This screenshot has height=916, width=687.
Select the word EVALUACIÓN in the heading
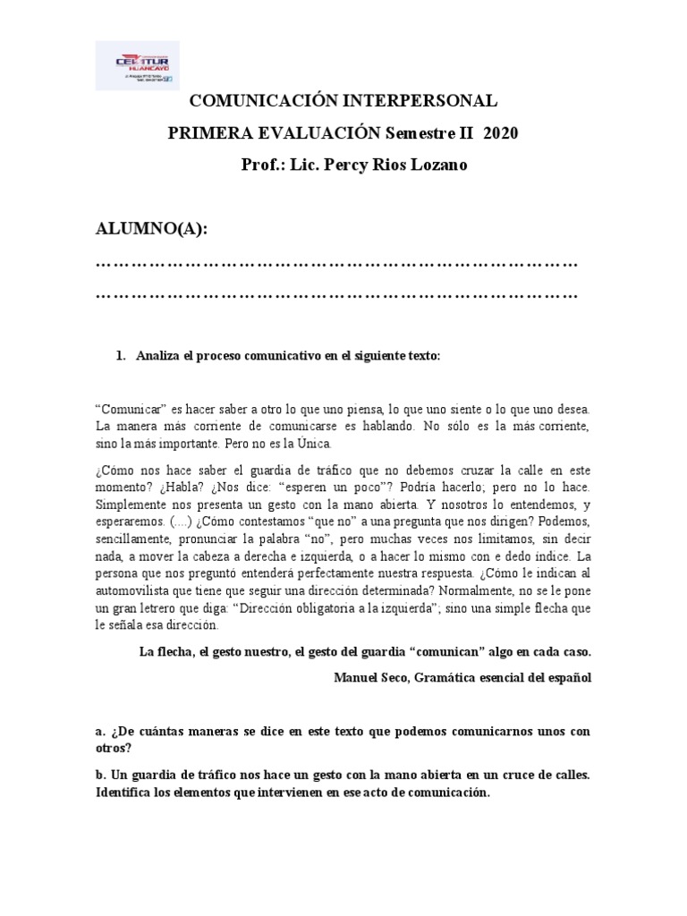tap(307, 133)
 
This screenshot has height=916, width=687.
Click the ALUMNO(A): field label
tap(151, 229)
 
